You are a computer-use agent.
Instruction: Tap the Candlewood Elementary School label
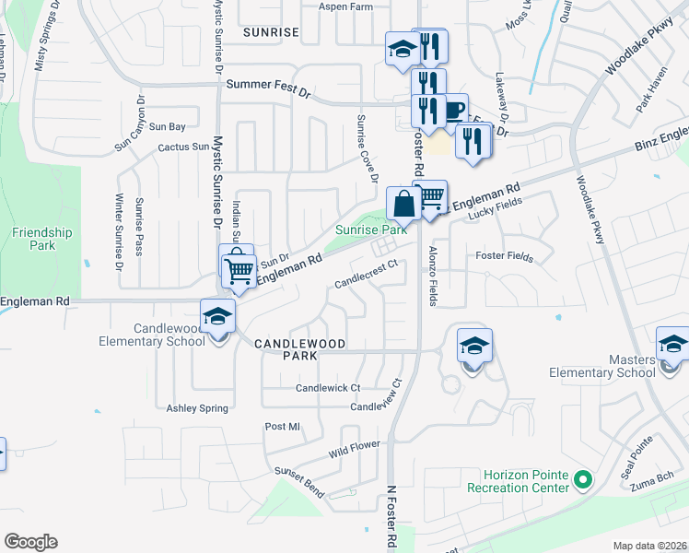click(157, 335)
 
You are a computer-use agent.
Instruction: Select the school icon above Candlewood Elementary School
click(218, 316)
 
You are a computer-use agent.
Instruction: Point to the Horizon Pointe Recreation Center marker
click(581, 480)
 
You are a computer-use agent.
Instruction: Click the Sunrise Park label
click(370, 229)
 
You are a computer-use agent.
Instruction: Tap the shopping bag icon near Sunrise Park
click(403, 204)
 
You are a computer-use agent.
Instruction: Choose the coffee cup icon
click(452, 111)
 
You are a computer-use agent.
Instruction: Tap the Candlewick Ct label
click(328, 388)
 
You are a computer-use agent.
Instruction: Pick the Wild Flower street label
click(355, 451)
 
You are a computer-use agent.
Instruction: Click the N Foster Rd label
click(391, 520)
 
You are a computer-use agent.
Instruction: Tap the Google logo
click(30, 542)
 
